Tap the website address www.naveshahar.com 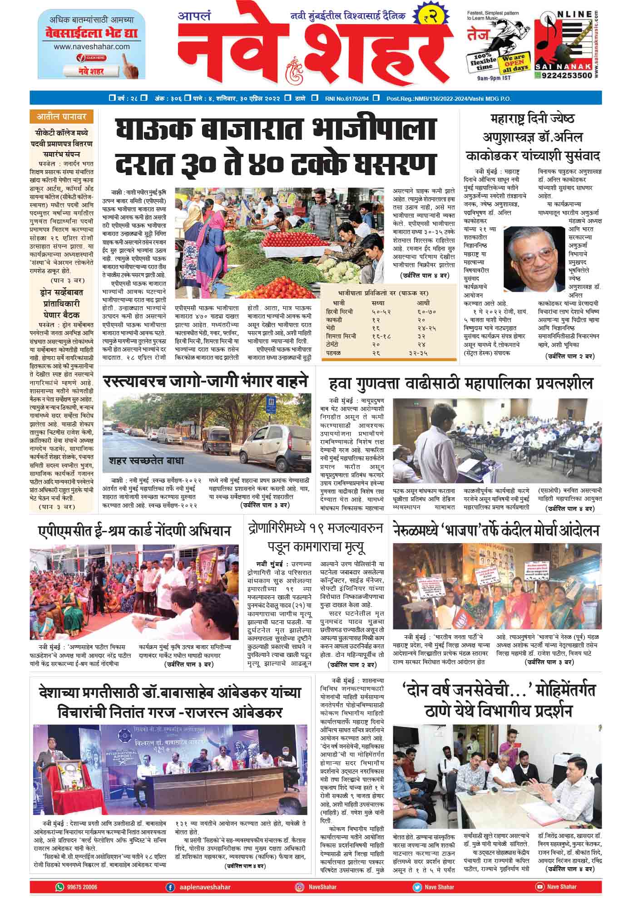91,46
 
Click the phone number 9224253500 566,75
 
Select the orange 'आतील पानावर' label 61,117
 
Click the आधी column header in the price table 423,303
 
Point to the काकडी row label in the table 334,319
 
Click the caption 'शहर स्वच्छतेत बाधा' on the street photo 146,460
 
